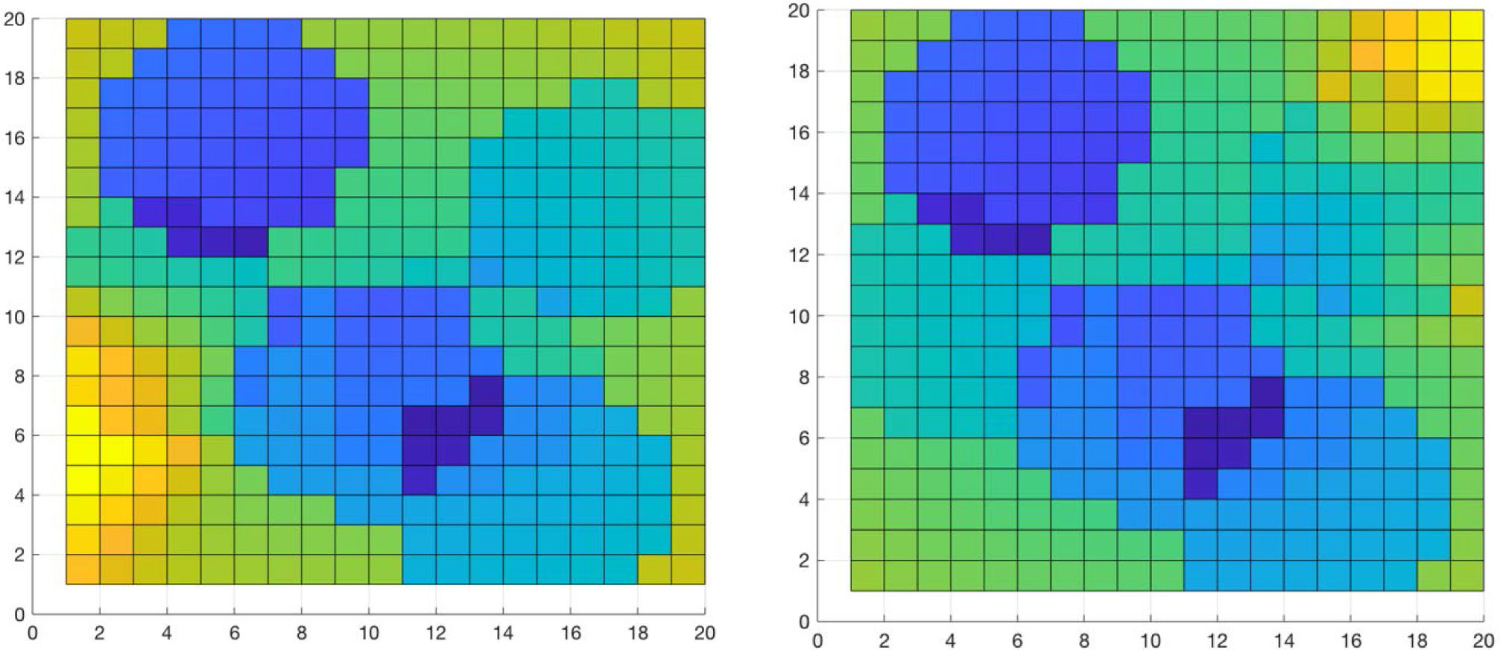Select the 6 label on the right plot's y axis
[803, 438]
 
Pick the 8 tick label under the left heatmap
[301, 634]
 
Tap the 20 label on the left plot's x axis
[704, 634]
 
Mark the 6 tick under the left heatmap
[234, 634]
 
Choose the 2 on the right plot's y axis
[803, 560]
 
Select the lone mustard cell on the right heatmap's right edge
[1465, 300]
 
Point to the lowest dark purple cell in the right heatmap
[1200, 484]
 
